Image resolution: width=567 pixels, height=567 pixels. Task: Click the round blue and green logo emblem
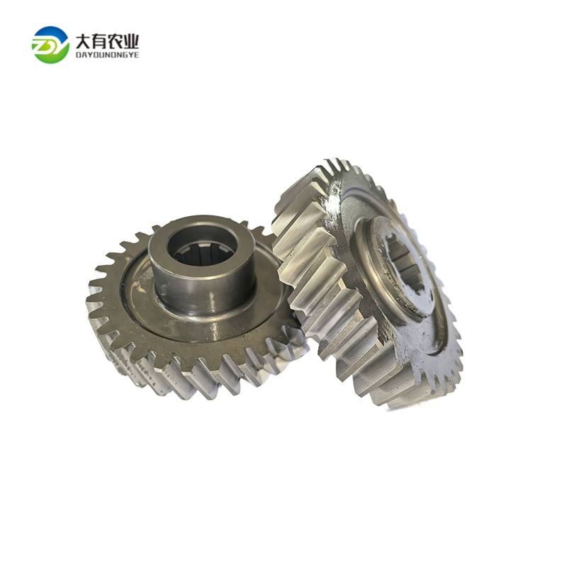50,44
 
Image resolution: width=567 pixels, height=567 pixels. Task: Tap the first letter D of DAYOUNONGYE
78,55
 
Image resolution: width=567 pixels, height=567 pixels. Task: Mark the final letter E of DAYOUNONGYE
137,55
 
